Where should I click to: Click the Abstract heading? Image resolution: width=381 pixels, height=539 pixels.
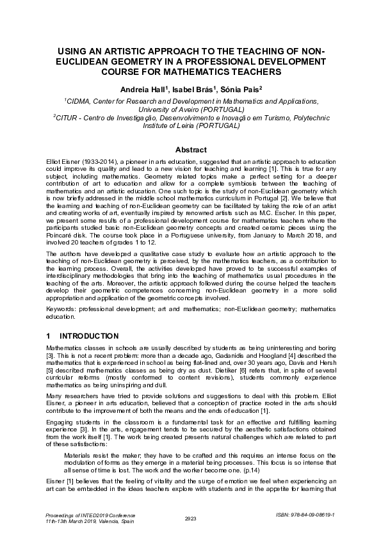(190, 149)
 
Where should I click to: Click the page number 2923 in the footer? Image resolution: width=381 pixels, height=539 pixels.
(190, 517)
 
